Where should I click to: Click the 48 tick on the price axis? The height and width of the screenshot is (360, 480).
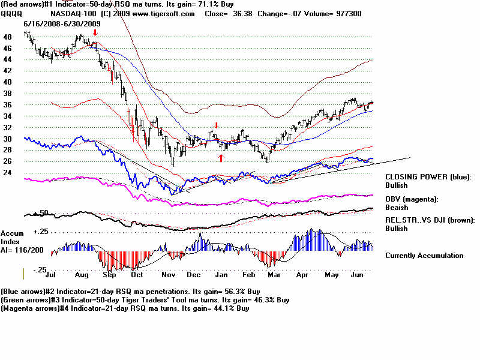7,37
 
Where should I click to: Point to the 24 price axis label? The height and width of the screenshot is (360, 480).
7,173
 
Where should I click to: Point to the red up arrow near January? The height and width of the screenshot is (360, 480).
221,157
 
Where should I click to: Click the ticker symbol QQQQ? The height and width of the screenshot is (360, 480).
10,14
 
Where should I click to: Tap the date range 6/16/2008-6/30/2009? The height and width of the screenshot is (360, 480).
62,23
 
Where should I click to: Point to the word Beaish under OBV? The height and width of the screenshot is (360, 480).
397,207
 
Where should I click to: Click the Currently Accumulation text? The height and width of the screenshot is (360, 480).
424,256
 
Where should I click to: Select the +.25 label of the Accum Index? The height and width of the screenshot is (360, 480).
41,232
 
